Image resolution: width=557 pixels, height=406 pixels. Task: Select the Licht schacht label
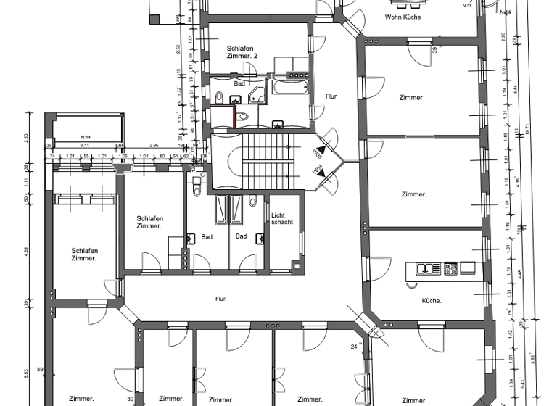[x=282, y=218]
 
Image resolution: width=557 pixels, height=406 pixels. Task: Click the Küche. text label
[x=432, y=300]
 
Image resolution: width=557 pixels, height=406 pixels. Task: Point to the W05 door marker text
[x=317, y=152]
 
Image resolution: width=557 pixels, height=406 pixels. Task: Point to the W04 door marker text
[x=317, y=172]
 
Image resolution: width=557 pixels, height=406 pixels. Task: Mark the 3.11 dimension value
[x=85, y=146]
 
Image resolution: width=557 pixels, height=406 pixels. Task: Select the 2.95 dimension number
[x=154, y=146]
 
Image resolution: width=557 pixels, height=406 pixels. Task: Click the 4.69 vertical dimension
[x=26, y=252]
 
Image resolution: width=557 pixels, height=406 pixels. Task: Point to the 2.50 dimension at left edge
[x=26, y=138]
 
